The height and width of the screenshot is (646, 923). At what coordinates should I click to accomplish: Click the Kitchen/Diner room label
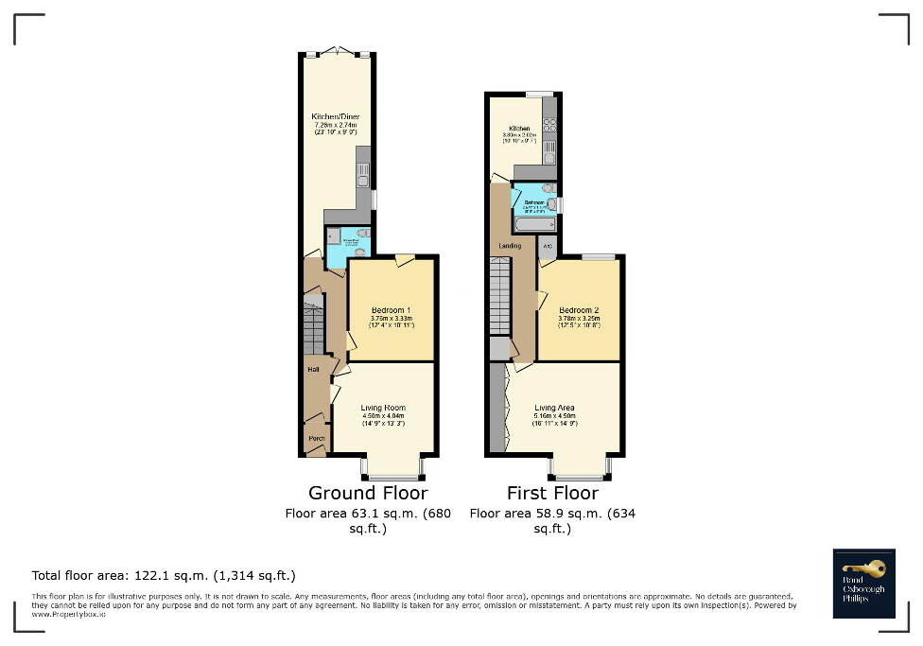tap(336, 116)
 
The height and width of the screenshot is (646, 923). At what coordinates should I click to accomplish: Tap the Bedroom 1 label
tap(391, 310)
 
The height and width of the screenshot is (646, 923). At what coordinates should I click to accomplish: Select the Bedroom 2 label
tap(579, 310)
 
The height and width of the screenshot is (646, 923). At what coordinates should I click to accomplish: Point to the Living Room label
tap(383, 408)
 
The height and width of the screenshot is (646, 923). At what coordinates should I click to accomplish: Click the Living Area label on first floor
tap(554, 408)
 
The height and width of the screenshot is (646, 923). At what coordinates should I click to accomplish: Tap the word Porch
tap(317, 438)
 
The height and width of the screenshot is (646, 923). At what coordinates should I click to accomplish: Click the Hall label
tap(312, 370)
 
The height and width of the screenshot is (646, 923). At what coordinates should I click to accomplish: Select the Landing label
tap(510, 246)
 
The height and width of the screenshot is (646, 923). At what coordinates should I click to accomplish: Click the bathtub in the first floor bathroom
tap(535, 225)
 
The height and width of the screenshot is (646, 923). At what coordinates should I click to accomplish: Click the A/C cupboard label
tap(547, 247)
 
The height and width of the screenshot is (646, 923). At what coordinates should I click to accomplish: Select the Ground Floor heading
tap(368, 493)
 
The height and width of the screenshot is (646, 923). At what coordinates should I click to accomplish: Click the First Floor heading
tap(552, 493)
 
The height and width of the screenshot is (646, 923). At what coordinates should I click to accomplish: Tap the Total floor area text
tap(164, 575)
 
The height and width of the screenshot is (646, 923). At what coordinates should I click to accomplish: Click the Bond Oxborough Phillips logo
tap(863, 583)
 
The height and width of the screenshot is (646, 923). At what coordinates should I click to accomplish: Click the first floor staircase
tap(500, 297)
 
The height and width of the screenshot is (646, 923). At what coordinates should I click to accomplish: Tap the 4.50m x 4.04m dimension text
tap(383, 416)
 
